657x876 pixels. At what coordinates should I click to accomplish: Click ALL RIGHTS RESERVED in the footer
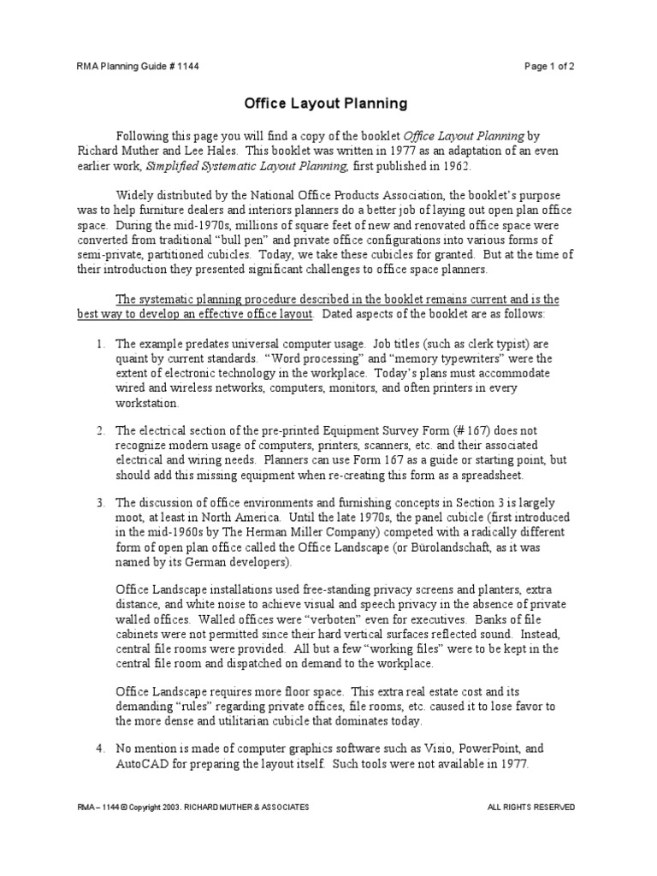[x=530, y=807]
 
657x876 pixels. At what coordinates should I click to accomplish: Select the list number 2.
[x=100, y=430]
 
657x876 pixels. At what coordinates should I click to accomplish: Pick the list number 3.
[x=100, y=503]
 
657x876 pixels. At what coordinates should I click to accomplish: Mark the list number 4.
[x=100, y=749]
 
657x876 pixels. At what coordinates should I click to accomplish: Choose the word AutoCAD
[x=142, y=765]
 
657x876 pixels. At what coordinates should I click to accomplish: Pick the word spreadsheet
[x=483, y=476]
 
